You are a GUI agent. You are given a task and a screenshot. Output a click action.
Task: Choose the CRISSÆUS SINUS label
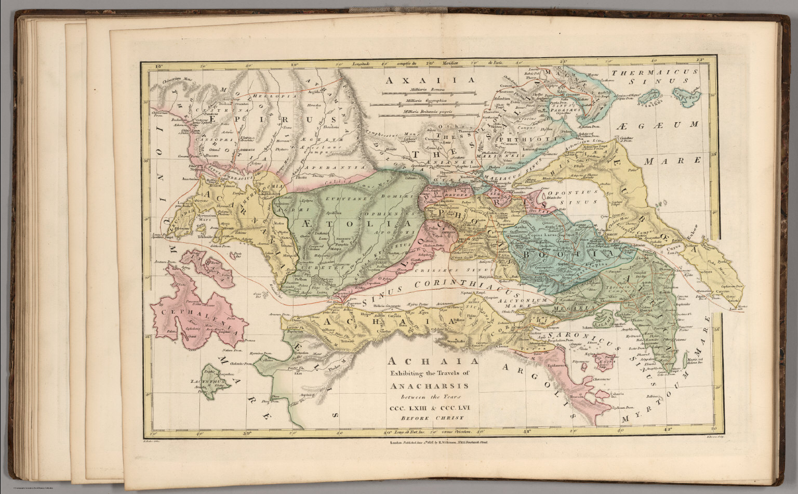[465, 270]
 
